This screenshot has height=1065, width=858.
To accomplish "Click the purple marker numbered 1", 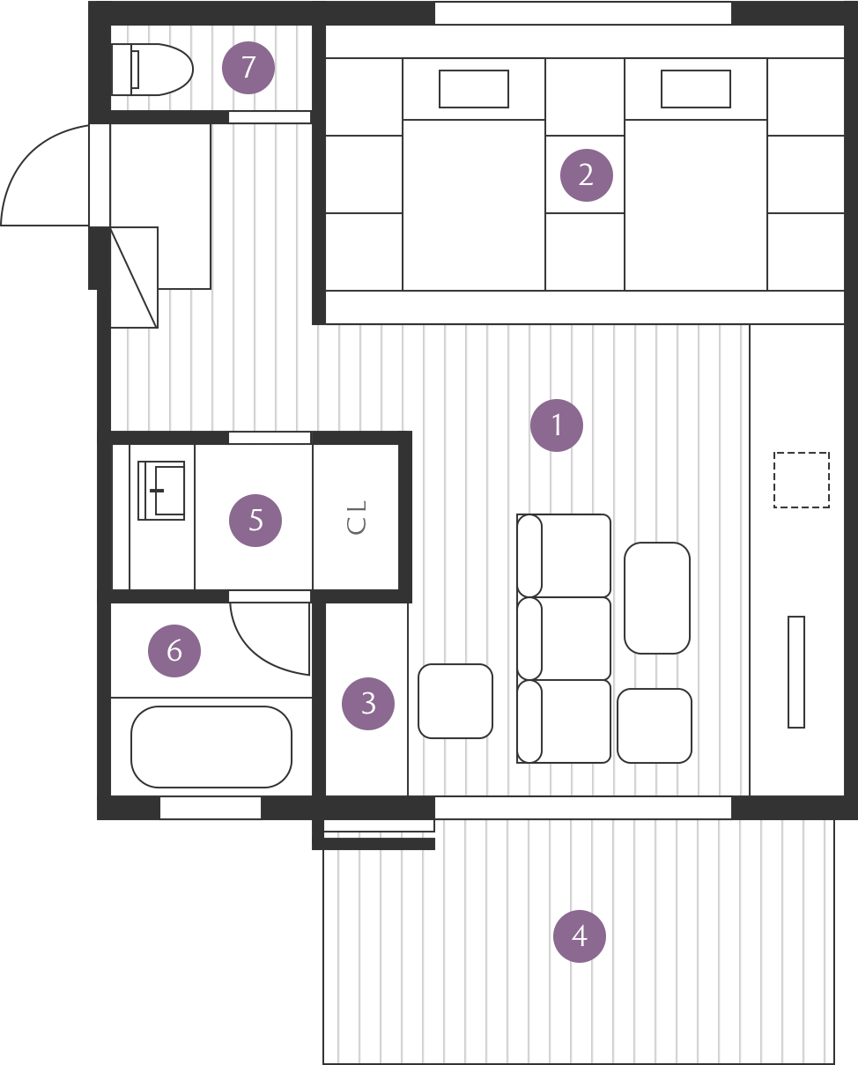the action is point(557,425).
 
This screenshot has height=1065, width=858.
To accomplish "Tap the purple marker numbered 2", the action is point(587,175).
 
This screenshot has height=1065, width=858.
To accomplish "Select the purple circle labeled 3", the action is point(368,703).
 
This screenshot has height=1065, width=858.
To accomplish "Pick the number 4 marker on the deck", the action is point(580,936).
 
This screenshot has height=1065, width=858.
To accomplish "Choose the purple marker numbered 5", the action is point(255,520).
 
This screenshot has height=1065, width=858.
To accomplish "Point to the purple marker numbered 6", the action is point(174,650).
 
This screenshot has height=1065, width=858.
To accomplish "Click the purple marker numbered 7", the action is point(248,67).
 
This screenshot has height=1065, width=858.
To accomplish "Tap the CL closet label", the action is point(357,517).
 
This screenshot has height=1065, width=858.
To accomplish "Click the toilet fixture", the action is point(152,70).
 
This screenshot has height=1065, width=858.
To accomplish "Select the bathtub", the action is point(211,747).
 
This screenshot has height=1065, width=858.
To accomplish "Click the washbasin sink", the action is point(161,491).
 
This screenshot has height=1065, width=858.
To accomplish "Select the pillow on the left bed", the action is point(474,89).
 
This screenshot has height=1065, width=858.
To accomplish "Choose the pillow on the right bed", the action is point(696,89).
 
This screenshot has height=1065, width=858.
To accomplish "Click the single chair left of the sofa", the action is point(455,701).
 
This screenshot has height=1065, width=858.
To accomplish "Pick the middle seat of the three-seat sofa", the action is point(564,639).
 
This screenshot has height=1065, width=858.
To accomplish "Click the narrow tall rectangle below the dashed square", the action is point(796,672).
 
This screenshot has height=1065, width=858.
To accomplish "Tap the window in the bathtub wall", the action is point(211,808).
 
